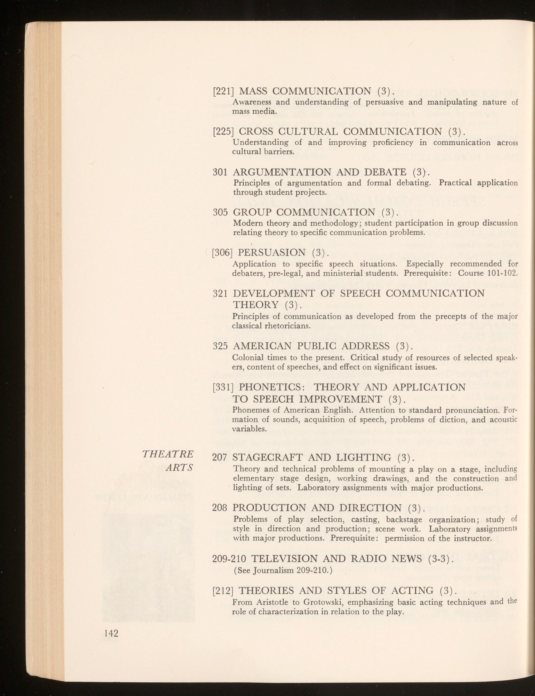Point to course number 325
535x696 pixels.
(x=220, y=346)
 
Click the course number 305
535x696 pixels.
(x=220, y=212)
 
